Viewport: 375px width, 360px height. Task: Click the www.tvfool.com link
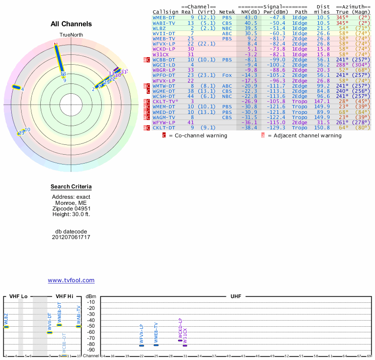[71, 280]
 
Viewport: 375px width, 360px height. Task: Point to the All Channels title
[71, 24]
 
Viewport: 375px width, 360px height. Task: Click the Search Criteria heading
[71, 187]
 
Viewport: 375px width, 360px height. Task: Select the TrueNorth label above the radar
[71, 36]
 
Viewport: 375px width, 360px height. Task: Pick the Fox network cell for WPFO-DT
[226, 75]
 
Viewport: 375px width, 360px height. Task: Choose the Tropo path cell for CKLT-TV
[300, 101]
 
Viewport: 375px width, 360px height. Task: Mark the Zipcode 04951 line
[71, 209]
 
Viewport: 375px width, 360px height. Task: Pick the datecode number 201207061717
[71, 237]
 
